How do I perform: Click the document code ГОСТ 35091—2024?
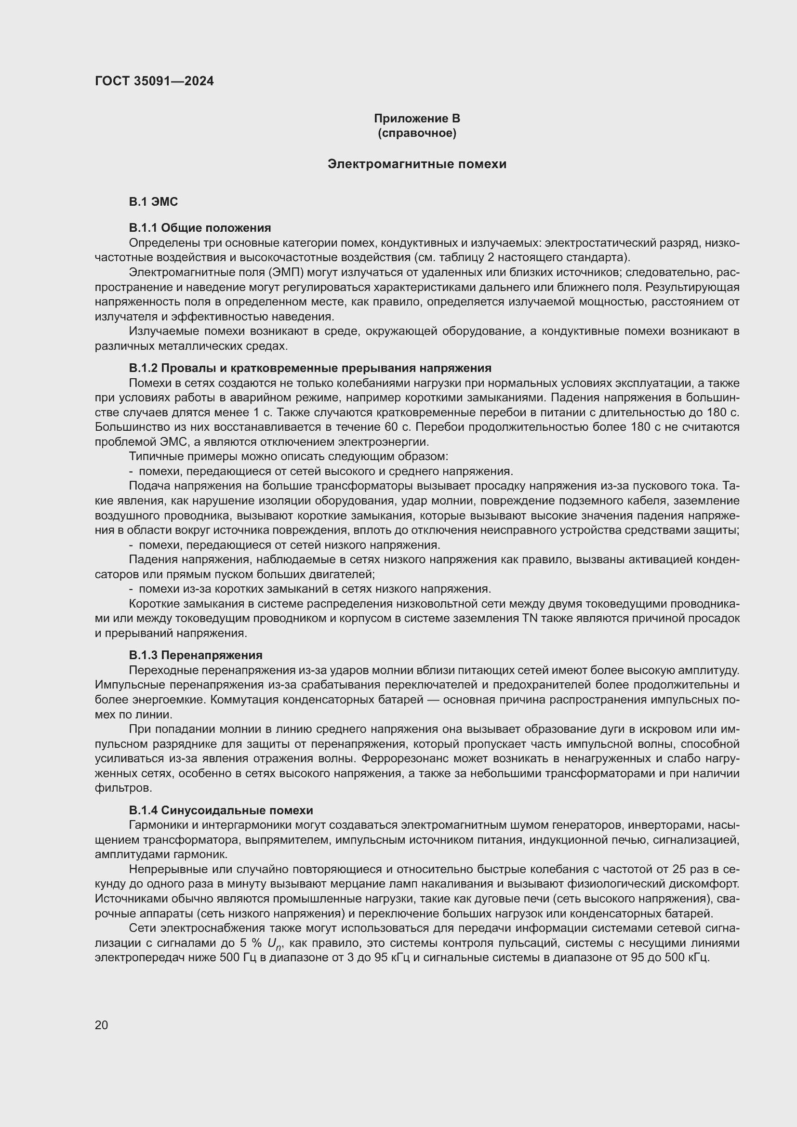154,81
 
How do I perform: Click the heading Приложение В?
417,119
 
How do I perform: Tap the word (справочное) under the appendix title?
417,133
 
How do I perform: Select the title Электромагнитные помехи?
417,164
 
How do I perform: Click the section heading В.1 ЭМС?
153,202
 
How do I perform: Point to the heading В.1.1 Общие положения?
200,228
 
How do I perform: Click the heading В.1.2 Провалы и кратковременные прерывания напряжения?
310,368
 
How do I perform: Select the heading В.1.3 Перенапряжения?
195,655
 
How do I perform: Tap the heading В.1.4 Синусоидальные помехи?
221,810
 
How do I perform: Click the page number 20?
101,1025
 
